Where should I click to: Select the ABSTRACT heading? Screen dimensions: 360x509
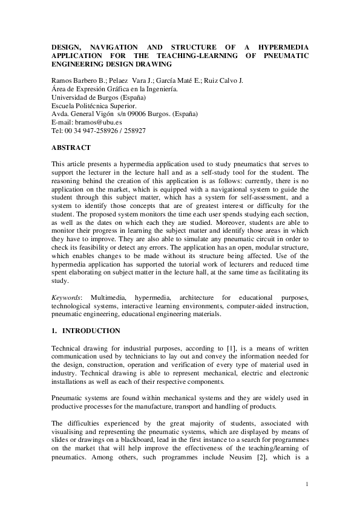tap(71, 148)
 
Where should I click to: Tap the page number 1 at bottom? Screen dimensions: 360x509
tap(307, 484)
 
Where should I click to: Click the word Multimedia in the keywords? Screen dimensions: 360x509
tap(109, 298)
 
